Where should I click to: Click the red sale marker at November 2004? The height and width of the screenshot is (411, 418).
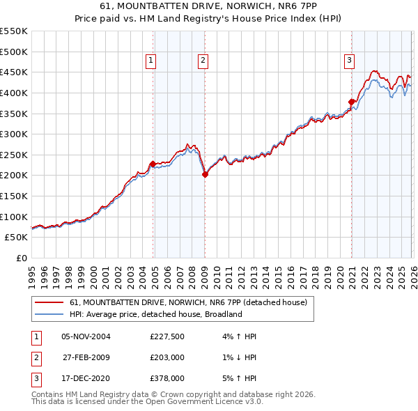pos(153,164)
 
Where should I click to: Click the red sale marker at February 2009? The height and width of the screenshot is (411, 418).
pos(205,175)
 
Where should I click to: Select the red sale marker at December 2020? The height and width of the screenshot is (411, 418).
pos(352,102)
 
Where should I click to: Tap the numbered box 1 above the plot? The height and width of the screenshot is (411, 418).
pos(150,61)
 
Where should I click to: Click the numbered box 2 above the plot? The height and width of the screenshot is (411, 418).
pos(202,61)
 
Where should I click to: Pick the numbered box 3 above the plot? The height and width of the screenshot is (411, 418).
pos(349,61)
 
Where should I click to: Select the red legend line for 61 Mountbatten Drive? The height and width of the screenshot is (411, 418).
pos(49,302)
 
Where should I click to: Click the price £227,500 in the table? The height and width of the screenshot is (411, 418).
pos(167,336)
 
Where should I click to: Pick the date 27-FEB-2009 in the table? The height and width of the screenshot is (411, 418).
pos(86,357)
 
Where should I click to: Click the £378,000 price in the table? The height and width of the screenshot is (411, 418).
pos(167,378)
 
